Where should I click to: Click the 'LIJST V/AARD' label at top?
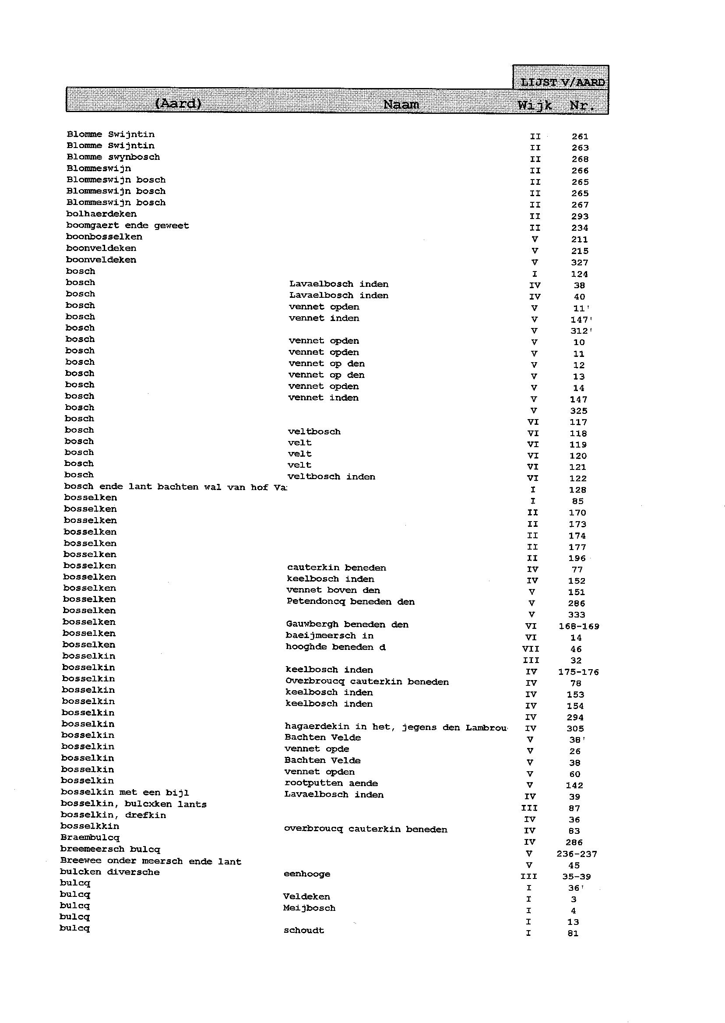point(562,83)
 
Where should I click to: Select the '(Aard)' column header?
point(178,104)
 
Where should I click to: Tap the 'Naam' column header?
point(401,105)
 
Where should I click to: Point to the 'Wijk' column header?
point(535,106)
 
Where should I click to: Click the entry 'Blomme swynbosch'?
point(113,157)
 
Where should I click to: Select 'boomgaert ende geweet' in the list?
point(127,226)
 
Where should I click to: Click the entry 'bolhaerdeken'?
point(101,214)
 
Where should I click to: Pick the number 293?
point(580,216)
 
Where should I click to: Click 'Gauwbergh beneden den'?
point(347,624)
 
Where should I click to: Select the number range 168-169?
point(579,626)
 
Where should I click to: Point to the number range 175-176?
point(578,672)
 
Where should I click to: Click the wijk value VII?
point(530,649)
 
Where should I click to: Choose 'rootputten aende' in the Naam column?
point(331,783)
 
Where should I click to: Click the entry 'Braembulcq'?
point(90,837)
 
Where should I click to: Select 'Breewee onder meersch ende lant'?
point(151,861)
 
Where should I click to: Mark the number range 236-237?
point(576,854)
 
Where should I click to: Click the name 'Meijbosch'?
point(309,908)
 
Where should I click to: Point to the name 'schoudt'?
point(303,930)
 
